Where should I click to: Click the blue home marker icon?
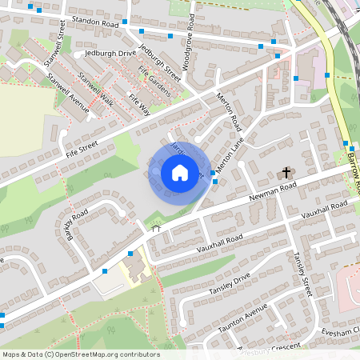pyautogui.click(x=180, y=171)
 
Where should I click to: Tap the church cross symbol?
pyautogui.click(x=286, y=173)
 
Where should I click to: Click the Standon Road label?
pyautogui.click(x=94, y=26)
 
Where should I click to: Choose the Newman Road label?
pyautogui.click(x=272, y=190)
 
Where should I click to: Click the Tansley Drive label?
pyautogui.click(x=230, y=281)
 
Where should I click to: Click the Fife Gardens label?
pyautogui.click(x=154, y=82)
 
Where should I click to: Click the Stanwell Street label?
pyautogui.click(x=57, y=44)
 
